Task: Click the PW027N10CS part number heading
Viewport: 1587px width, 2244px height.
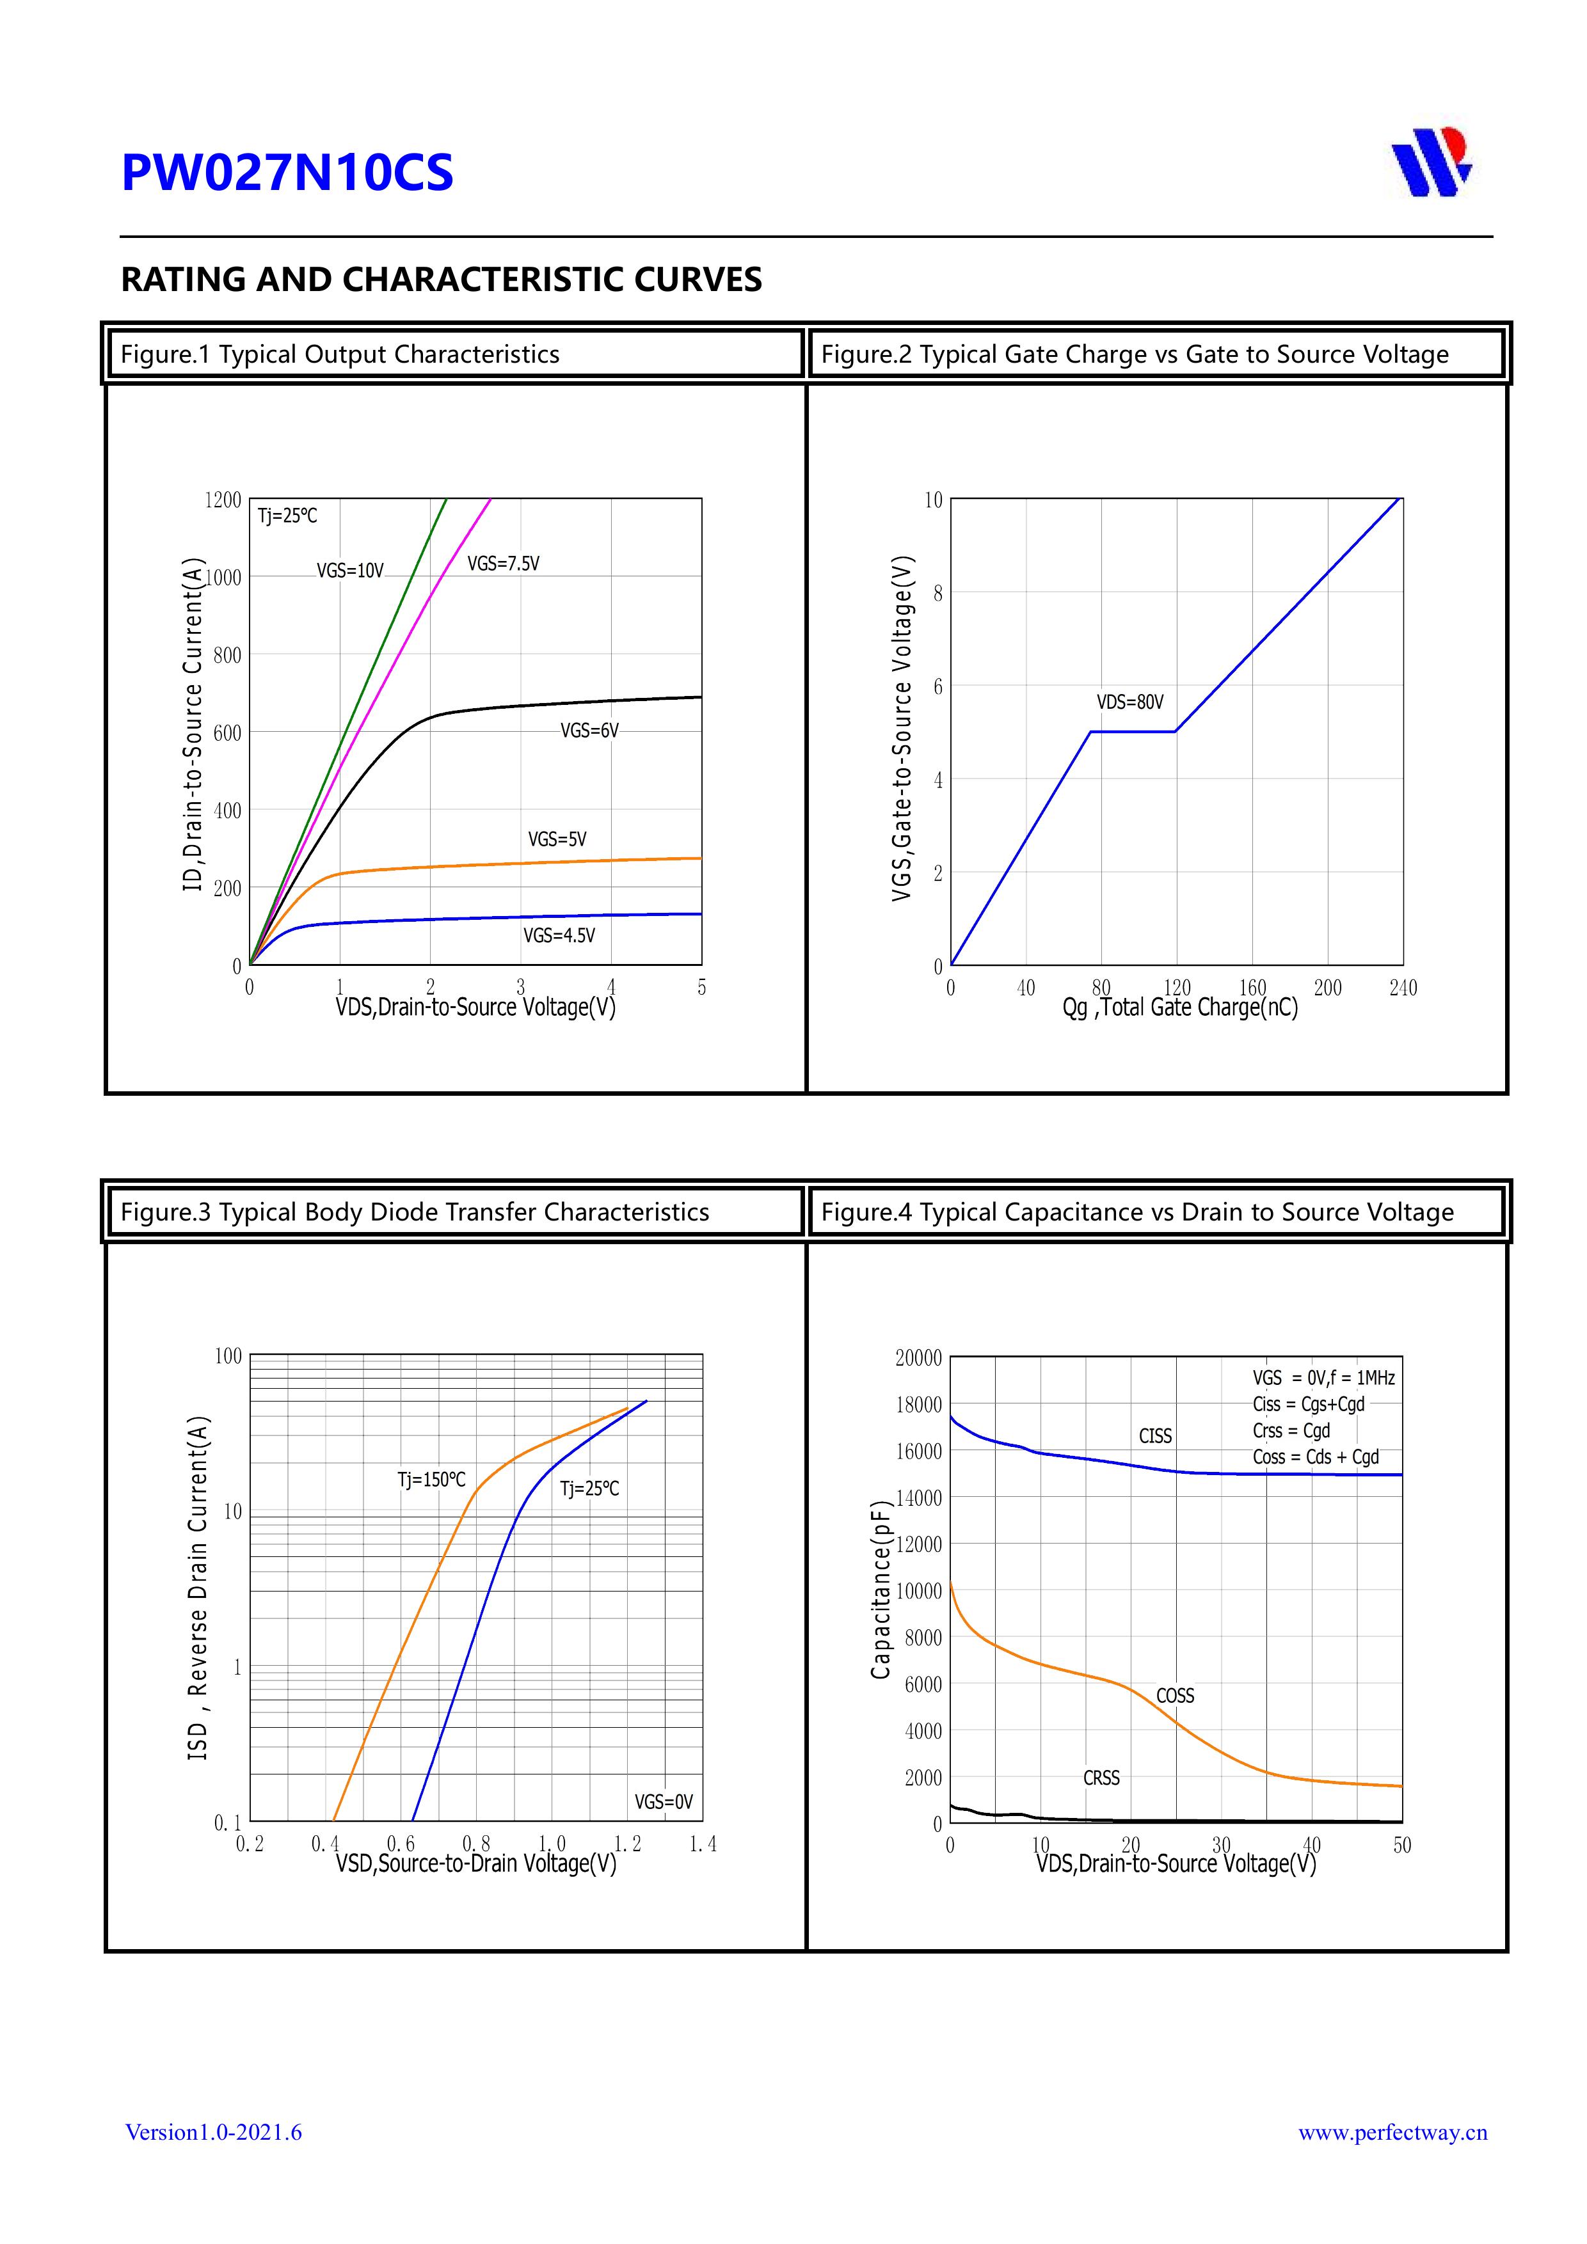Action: click(287, 173)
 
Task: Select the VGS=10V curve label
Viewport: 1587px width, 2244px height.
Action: click(350, 571)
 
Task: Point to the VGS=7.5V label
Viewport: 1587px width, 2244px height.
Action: click(502, 564)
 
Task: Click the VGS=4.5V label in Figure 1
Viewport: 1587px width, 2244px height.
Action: click(559, 935)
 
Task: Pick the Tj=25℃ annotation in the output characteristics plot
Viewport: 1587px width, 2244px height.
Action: click(287, 516)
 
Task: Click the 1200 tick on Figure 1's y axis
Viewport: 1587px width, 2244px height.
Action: click(222, 500)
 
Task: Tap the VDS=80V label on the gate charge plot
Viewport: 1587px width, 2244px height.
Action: click(1129, 702)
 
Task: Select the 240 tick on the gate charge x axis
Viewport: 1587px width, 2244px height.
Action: click(1402, 988)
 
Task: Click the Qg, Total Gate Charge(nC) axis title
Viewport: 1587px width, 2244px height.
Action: click(1180, 1007)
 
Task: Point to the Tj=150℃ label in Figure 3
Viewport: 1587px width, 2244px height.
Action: click(431, 1480)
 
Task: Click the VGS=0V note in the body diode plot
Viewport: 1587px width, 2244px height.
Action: click(663, 1801)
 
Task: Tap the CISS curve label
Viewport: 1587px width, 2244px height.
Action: click(1155, 1435)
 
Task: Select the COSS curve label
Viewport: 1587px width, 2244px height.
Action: click(1174, 1696)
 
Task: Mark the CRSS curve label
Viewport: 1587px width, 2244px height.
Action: click(1101, 1778)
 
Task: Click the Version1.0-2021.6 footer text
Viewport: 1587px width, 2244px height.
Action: click(213, 2131)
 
